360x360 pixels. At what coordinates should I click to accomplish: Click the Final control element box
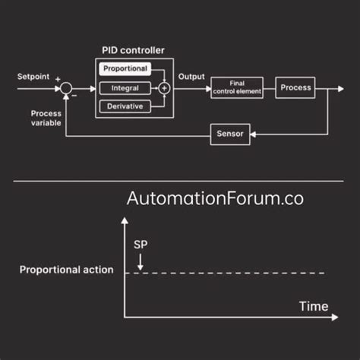pos(236,88)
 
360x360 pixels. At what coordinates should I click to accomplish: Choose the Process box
pos(295,88)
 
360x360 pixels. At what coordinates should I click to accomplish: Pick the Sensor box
pos(229,134)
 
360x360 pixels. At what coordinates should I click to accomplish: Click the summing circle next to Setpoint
pos(66,89)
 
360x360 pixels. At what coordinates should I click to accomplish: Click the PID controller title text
pos(133,50)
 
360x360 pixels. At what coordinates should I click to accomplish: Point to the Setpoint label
pos(33,76)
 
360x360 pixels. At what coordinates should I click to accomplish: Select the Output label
pos(191,76)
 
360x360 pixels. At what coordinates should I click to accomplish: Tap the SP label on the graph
pos(141,247)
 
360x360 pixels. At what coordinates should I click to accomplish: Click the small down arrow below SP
pos(141,262)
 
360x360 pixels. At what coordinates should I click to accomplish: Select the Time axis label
pos(313,306)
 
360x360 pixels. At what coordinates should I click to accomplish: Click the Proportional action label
pos(66,270)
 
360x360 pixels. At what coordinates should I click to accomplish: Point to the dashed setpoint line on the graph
pos(228,272)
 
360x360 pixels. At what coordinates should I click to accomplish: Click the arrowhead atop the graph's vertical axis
pos(124,220)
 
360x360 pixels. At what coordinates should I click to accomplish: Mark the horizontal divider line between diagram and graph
pos(180,181)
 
